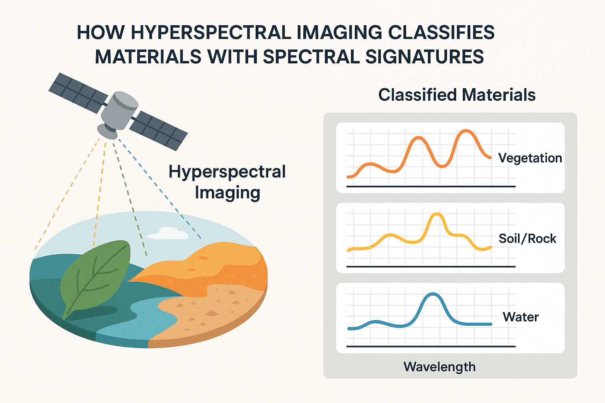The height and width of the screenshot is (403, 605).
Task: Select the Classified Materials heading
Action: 457,95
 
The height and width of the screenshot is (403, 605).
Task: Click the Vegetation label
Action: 530,158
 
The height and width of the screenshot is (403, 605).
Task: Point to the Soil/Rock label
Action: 527,238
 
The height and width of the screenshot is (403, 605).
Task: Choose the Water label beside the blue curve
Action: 520,317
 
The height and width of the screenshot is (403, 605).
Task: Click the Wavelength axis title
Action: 440,367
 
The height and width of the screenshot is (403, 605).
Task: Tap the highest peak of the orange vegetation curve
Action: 466,131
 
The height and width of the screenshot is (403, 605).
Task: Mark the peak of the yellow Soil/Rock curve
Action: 437,214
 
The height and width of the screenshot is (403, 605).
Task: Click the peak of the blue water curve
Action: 433,294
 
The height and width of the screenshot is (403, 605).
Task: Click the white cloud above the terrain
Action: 168,233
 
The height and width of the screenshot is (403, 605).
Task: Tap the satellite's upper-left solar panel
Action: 78,93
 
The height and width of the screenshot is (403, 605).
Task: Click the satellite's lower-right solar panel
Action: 159,131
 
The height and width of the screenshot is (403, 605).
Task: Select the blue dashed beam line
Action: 160,189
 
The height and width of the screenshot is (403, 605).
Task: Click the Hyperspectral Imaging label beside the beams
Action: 227,182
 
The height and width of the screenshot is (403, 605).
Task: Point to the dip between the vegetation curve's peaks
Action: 442,166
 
